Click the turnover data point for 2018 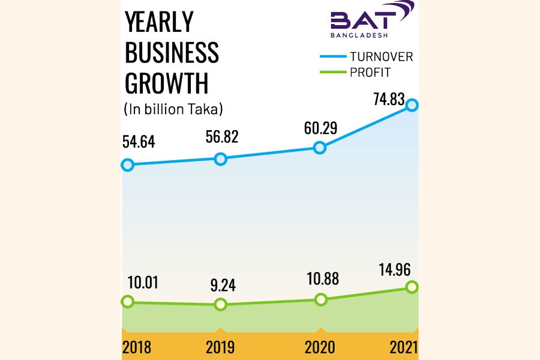point(127,164)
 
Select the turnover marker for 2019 point(221,159)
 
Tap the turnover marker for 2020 point(320,148)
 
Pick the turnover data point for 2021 point(412,105)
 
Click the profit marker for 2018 point(127,302)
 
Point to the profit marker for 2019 point(221,304)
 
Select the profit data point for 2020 point(321,299)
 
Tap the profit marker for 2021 point(412,287)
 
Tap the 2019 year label point(220,347)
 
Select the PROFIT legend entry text point(370,73)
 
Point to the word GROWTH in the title point(166,83)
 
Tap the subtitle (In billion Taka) point(173,109)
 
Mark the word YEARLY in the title point(159,23)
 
